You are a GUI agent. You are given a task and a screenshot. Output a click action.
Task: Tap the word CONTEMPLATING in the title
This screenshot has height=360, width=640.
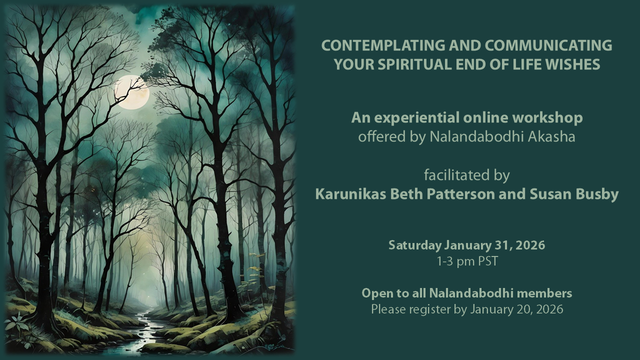tap(382, 45)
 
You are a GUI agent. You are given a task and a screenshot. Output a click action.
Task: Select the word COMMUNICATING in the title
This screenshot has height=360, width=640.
tap(548, 45)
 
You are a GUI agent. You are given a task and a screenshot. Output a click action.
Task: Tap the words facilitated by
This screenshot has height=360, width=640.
tap(467, 175)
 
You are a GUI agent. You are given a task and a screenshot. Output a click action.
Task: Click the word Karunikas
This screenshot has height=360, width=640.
tap(348, 194)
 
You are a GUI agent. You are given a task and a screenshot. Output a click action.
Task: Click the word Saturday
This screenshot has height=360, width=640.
tap(414, 245)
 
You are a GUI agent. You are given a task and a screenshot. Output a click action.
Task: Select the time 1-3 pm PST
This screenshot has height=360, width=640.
tap(467, 261)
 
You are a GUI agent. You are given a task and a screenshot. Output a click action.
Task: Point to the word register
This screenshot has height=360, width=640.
tap(430, 309)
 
